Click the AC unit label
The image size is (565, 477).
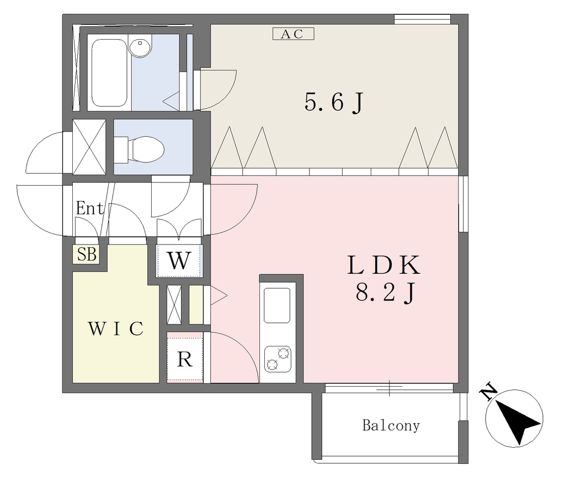point(294,34)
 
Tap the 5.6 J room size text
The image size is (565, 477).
point(334,102)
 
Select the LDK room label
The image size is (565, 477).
point(384,265)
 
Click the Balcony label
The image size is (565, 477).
point(391,426)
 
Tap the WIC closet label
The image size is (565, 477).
point(116,328)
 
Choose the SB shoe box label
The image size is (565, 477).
point(87,254)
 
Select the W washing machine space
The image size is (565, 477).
point(179,261)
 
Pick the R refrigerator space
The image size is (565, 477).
point(185,358)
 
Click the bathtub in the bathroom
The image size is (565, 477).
point(109,73)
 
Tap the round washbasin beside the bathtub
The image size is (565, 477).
point(140,47)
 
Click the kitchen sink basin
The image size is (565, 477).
point(277,305)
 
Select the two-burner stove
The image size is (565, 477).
point(278,359)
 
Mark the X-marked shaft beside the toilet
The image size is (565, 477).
point(89,147)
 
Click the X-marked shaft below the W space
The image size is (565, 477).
point(174,305)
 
